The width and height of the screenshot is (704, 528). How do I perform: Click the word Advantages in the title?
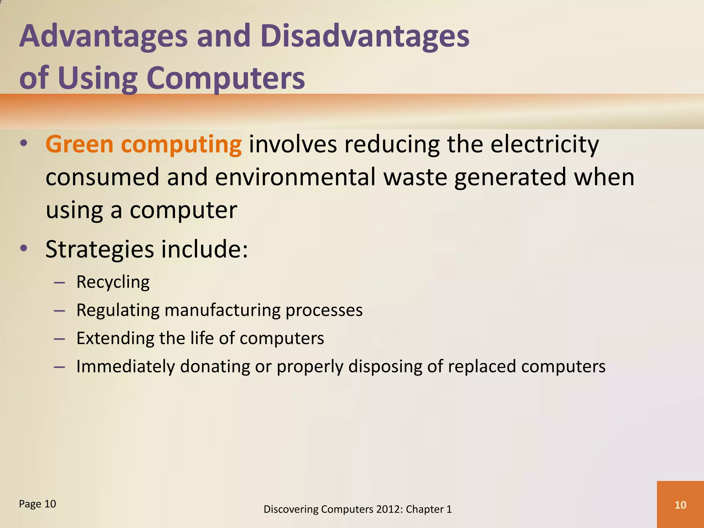tap(103, 36)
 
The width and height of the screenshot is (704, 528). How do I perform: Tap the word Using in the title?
tap(98, 78)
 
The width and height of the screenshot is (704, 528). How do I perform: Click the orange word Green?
tap(79, 144)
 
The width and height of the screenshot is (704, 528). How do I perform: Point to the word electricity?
tap(544, 145)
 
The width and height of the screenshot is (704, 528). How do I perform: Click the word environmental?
tap(295, 177)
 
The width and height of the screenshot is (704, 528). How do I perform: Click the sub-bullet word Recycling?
tap(113, 282)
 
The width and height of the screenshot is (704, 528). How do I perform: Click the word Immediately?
tap(125, 366)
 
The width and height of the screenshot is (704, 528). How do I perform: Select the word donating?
tap(215, 366)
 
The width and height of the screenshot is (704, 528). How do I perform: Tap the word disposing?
tap(385, 366)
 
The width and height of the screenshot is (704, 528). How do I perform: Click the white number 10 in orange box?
tap(680, 505)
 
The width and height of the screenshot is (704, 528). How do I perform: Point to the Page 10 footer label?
tap(37, 504)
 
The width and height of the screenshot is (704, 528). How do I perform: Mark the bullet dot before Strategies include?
tap(23, 248)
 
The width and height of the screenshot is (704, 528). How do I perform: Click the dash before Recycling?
tap(59, 283)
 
